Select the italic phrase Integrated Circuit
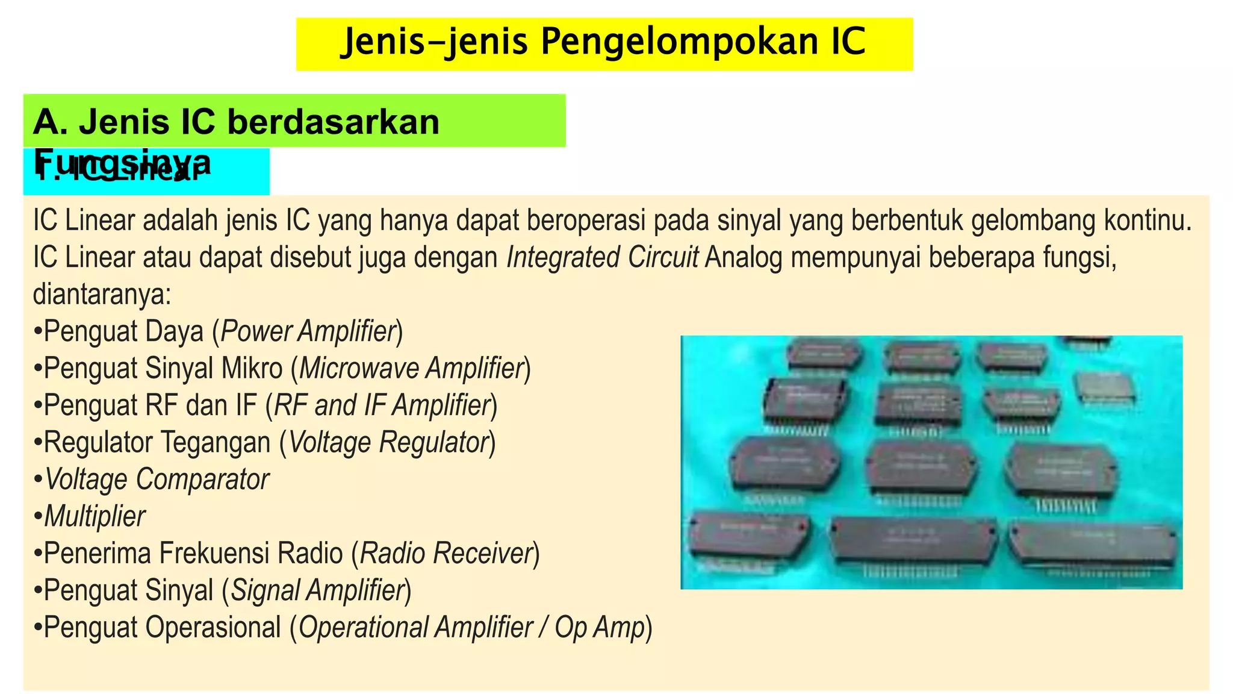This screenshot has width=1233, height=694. coord(603,257)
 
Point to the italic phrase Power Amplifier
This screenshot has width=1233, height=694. coord(308,331)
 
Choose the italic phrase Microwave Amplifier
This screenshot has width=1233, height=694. coord(411,369)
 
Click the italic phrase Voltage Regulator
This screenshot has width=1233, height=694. coord(388,442)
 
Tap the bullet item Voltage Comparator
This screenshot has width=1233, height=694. coord(157,480)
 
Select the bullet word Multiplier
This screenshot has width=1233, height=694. coord(95,516)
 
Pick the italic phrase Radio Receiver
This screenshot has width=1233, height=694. coord(446,554)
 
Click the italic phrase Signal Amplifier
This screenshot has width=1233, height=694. coord(317,590)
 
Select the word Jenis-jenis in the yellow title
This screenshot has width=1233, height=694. coord(433,42)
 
